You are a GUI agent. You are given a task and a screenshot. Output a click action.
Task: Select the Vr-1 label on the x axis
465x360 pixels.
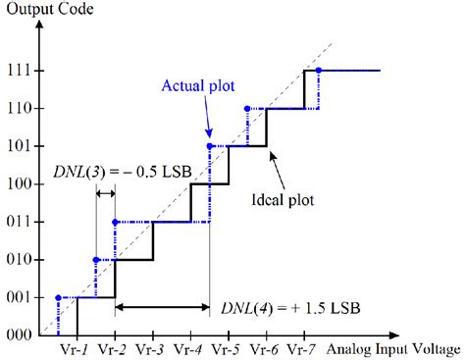pos(76,349)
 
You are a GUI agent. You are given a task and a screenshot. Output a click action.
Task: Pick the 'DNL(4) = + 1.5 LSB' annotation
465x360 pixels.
pos(291,307)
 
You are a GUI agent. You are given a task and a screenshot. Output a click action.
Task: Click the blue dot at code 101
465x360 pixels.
pos(209,146)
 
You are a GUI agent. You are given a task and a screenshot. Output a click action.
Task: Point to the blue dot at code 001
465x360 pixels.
pos(58,297)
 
